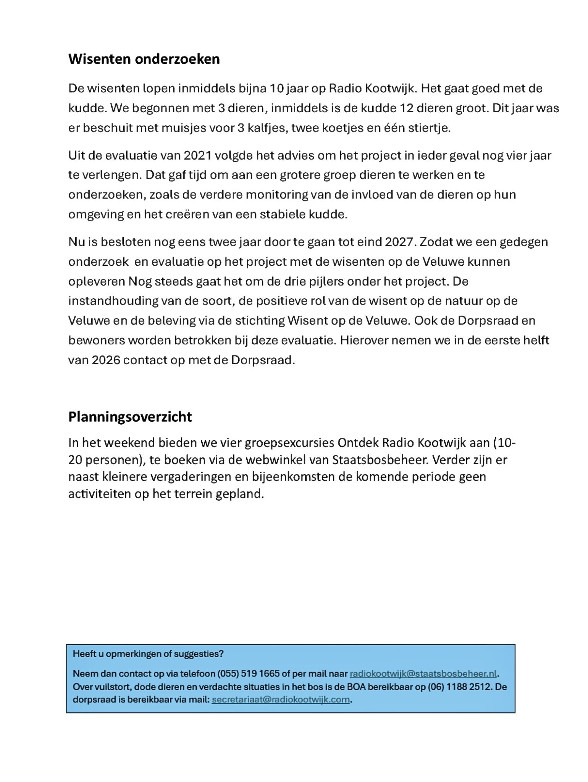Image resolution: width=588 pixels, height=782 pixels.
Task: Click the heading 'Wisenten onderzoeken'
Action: tap(144, 59)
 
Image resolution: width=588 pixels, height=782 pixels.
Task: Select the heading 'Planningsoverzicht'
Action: tap(130, 417)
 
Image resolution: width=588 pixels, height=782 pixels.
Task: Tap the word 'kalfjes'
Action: tap(267, 128)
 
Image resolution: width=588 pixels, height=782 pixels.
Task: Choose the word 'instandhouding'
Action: tap(112, 301)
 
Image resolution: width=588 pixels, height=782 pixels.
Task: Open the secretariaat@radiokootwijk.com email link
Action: tap(281, 700)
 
